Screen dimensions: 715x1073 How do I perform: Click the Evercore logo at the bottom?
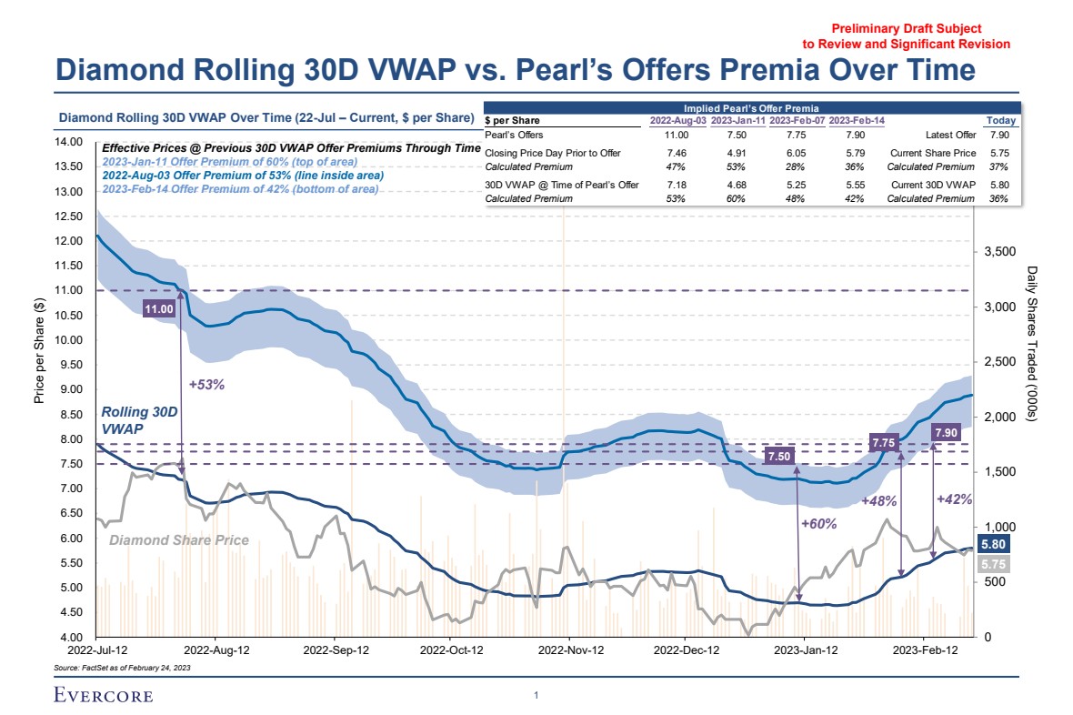tap(102, 696)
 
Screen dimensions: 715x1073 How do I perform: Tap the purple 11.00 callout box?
tap(158, 309)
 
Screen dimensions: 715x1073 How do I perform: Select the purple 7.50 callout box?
tap(779, 456)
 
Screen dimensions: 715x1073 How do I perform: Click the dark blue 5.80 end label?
tap(991, 545)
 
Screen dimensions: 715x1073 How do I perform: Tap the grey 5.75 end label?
tap(991, 564)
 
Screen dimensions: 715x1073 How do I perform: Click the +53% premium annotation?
tap(206, 385)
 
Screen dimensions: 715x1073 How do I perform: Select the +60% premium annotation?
tap(818, 523)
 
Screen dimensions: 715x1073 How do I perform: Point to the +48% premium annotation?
tap(879, 501)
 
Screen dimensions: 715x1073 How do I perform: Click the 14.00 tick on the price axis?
tap(70, 143)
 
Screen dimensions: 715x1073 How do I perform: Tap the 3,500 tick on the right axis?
tap(1001, 252)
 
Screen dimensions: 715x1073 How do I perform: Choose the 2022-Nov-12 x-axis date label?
tap(572, 650)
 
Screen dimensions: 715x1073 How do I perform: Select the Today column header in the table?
tap(1000, 121)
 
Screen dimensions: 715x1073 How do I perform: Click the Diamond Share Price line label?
tap(179, 540)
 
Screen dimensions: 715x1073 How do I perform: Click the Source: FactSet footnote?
tap(123, 668)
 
